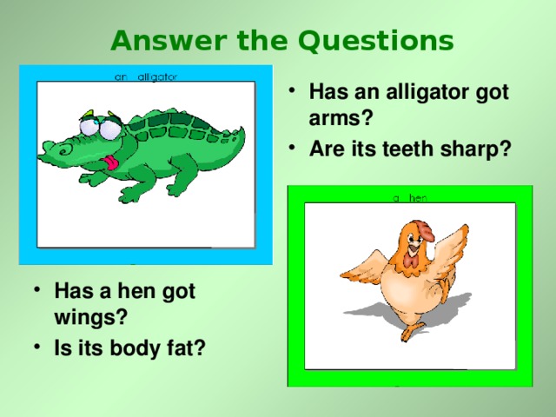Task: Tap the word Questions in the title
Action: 376,41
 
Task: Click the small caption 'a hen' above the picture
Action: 409,198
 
